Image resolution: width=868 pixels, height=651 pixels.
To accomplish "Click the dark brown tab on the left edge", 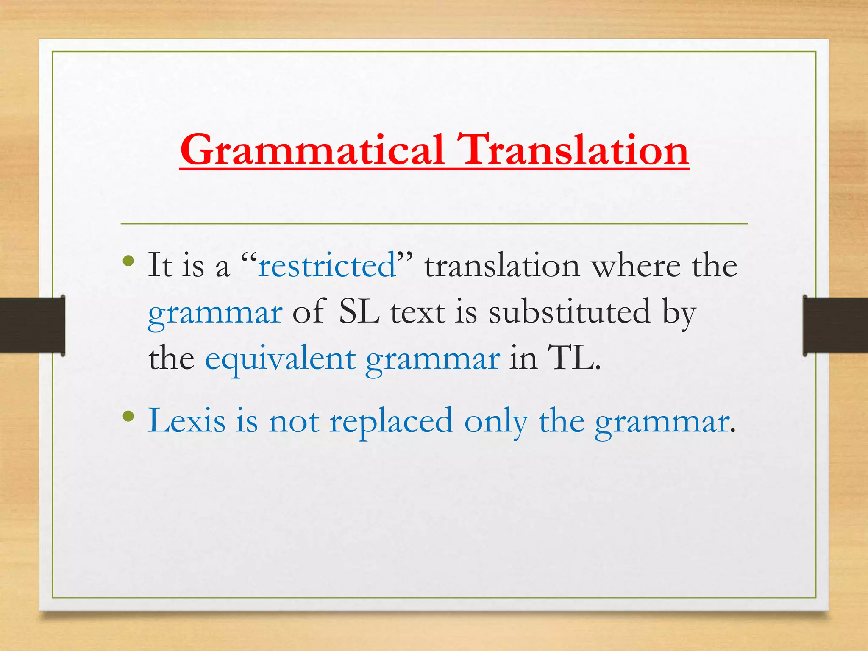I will pos(32,325).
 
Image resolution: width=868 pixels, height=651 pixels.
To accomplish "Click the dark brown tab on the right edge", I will pos(835,325).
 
